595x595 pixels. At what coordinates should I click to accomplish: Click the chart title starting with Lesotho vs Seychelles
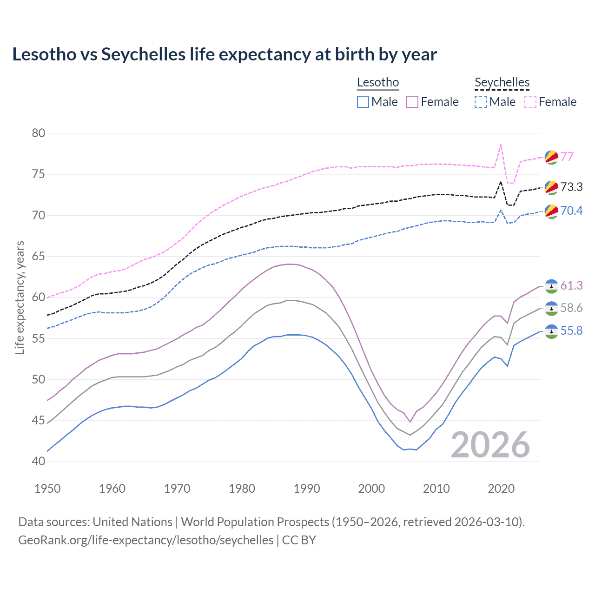224,54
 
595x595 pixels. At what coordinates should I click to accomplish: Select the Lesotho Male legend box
363,102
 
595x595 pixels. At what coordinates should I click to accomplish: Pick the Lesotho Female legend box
412,102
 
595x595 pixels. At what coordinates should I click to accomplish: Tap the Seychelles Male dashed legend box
481,102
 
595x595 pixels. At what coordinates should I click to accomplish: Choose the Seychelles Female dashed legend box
530,102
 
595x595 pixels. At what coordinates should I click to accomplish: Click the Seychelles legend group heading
502,83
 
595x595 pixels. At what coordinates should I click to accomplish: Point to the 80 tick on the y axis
39,133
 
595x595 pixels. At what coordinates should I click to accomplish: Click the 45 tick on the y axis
39,421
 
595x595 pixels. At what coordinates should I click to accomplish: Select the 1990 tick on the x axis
307,489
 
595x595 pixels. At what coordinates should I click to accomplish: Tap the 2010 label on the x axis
436,489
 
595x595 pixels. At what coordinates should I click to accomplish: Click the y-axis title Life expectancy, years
20,297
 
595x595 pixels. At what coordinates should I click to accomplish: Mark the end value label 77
567,157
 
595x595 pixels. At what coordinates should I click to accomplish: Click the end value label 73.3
571,187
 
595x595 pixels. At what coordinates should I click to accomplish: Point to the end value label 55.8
571,331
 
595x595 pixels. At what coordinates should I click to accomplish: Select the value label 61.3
571,285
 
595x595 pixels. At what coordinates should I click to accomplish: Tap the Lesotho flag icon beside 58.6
551,308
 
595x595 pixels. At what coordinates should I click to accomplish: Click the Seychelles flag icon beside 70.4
551,211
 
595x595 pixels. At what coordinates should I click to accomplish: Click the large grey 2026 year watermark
490,445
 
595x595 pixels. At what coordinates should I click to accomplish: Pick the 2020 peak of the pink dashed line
501,145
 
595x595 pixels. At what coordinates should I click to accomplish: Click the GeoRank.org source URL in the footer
145,540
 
